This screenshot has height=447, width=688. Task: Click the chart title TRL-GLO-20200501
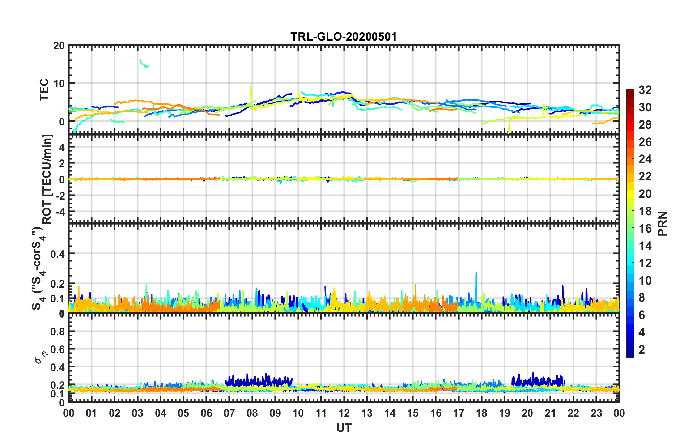[x=344, y=37]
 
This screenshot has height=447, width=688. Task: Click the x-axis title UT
[x=344, y=428]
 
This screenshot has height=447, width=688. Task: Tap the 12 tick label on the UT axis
[x=344, y=413]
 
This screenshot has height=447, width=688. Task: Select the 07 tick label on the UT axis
[x=229, y=413]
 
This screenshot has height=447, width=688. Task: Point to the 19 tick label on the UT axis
[x=504, y=413]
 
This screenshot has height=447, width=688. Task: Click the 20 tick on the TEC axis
[x=59, y=46]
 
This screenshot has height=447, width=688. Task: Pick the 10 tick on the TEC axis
[x=59, y=84]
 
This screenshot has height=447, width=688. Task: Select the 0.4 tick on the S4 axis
[x=58, y=254]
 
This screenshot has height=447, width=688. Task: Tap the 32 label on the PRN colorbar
[x=645, y=90]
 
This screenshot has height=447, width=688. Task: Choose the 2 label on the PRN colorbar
[x=642, y=349]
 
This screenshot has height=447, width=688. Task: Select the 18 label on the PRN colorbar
[x=645, y=211]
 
